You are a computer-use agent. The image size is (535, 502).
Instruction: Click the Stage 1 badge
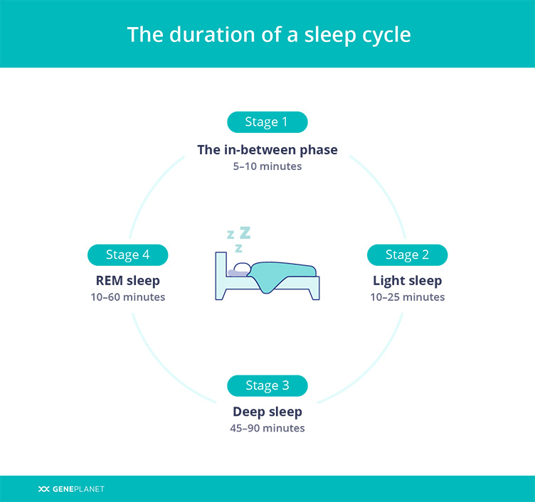[x=267, y=122]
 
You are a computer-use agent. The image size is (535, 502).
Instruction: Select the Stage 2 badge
[x=407, y=255]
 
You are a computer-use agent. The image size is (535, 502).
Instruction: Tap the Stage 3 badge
[x=267, y=385]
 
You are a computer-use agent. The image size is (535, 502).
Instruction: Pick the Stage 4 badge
[x=127, y=255]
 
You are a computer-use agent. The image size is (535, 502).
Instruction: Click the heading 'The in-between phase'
[x=267, y=150]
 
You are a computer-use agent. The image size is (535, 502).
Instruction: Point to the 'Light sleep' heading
[x=407, y=281]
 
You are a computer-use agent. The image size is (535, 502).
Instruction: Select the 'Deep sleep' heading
[x=267, y=412]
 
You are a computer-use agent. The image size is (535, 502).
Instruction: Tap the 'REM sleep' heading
[x=127, y=281]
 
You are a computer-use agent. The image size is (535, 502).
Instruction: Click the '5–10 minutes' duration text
[x=267, y=166]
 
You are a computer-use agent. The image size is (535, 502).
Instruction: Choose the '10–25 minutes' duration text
[x=408, y=297]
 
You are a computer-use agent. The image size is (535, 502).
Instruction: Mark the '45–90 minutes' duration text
[x=267, y=428]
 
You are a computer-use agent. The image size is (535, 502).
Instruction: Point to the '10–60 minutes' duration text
[x=127, y=297]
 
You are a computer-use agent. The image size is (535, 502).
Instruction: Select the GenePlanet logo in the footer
[x=71, y=489]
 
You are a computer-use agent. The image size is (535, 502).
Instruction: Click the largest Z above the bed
[x=245, y=233]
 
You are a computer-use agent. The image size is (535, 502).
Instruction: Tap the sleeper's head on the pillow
[x=242, y=268]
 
